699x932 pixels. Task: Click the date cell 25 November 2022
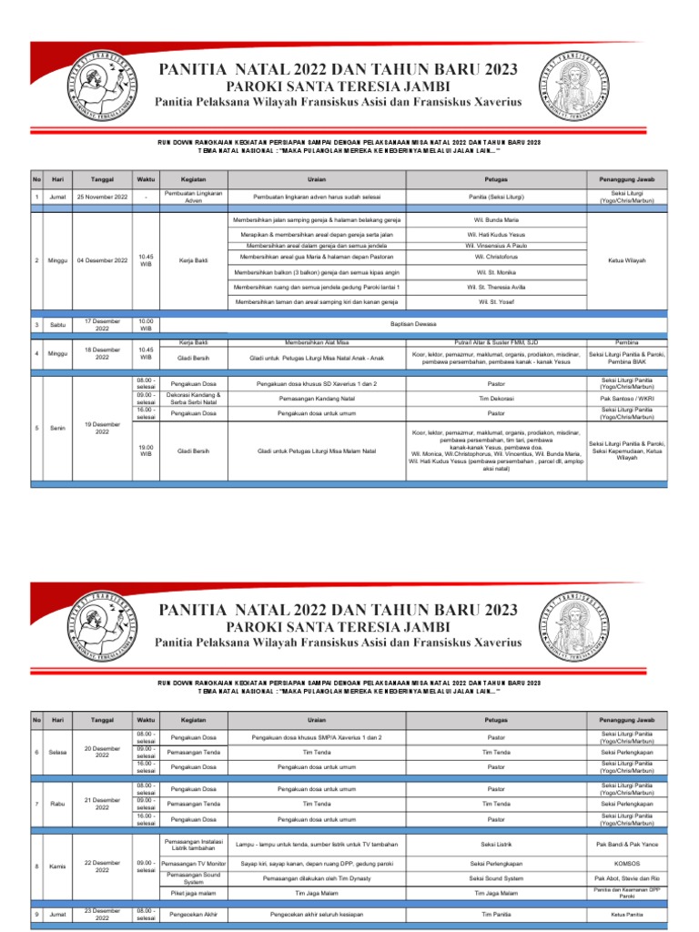pyautogui.click(x=102, y=198)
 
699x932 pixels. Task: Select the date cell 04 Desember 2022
pyautogui.click(x=102, y=261)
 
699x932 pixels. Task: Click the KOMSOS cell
pyautogui.click(x=626, y=862)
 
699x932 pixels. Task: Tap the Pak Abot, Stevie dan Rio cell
pyautogui.click(x=626, y=877)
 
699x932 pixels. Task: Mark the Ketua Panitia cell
pyautogui.click(x=626, y=914)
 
